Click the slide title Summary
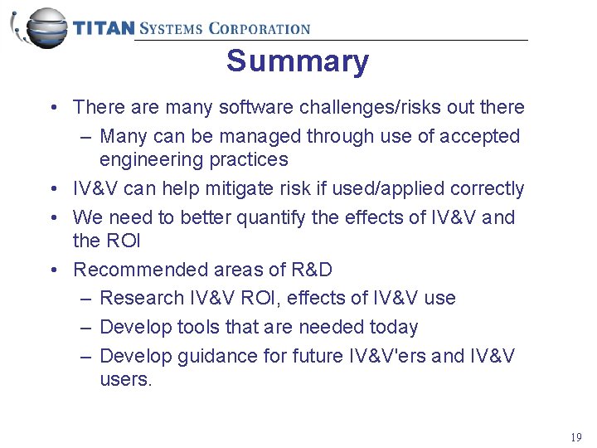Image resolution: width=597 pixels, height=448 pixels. click(x=298, y=61)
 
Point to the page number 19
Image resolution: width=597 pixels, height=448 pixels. click(x=575, y=437)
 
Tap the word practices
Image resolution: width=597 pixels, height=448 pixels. click(x=250, y=159)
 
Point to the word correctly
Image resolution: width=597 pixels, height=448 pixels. click(x=488, y=189)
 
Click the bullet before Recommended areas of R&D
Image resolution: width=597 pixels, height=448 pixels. click(x=52, y=270)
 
